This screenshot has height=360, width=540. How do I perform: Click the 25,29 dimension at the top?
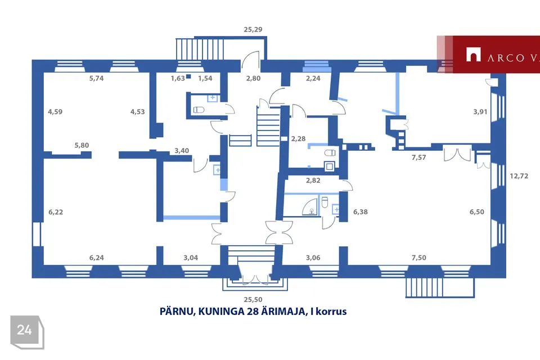tap(253, 30)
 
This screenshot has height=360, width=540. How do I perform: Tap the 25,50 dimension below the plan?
tap(253, 300)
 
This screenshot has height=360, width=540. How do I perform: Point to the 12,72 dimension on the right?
tap(519, 176)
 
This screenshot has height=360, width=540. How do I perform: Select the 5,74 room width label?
tap(96, 78)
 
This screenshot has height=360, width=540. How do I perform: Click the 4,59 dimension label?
tap(55, 111)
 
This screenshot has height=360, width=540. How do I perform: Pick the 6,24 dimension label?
tap(96, 258)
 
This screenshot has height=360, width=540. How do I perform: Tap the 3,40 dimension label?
tap(182, 151)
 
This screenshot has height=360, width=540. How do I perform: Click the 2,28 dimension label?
tap(298, 139)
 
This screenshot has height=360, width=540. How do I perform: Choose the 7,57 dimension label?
tap(418, 157)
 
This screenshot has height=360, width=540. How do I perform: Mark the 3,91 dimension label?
tap(480, 111)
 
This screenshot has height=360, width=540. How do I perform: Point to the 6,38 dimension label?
tap(360, 212)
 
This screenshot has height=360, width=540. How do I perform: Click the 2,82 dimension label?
tap(313, 180)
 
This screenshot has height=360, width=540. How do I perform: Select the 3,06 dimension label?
tap(313, 258)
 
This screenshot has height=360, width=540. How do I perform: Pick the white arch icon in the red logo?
tap(473, 55)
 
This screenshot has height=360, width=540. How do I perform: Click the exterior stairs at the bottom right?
tap(440, 287)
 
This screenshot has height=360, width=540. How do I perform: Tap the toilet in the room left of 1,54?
tap(199, 110)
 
